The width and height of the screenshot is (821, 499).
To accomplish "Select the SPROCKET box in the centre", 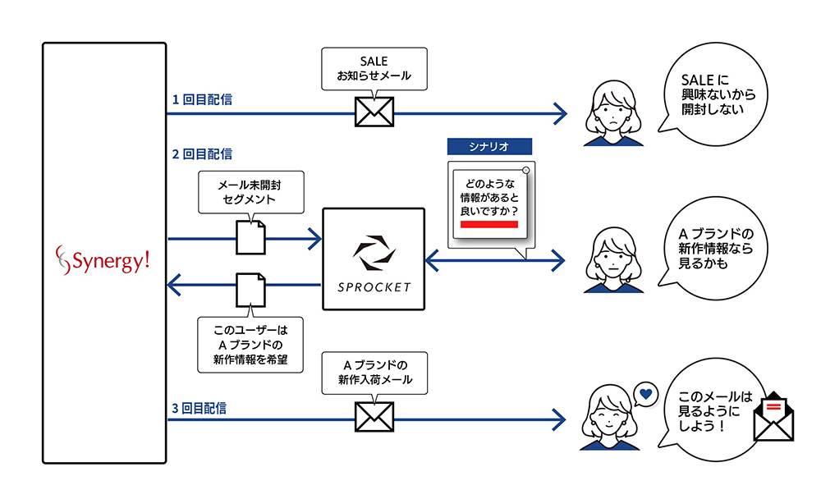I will click(374, 259).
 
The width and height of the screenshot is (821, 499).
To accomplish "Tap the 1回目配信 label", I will click(202, 100).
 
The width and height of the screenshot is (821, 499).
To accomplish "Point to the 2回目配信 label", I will click(202, 153).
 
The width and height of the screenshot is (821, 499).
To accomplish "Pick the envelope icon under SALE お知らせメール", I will click(374, 112).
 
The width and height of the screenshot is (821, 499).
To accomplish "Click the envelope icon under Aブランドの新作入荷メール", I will click(374, 416).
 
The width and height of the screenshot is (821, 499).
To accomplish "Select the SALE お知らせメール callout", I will click(374, 68).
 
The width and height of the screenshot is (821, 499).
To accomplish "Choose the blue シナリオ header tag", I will click(489, 146).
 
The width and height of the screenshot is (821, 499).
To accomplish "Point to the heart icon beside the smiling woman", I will click(645, 394).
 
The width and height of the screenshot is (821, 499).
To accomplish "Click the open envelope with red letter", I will click(773, 416).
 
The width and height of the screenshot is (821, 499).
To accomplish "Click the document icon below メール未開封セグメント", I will click(250, 238).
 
